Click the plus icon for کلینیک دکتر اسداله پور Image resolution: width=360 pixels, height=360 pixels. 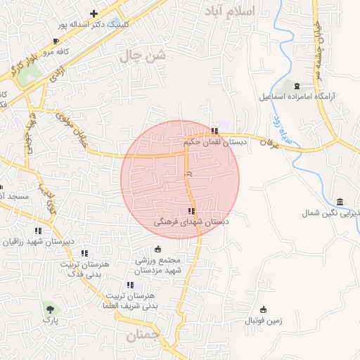94,13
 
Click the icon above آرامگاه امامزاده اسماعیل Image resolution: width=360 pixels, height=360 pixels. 296,85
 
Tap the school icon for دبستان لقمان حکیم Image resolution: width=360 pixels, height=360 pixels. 214,131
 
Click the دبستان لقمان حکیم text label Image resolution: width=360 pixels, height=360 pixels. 214,142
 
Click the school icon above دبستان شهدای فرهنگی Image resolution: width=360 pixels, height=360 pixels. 191,210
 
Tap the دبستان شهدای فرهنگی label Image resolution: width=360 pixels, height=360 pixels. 191,221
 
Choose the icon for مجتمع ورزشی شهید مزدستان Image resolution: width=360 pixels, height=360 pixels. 157,249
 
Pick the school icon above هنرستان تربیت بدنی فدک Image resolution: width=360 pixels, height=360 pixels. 84,253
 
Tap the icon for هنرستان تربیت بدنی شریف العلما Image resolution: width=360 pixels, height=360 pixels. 130,285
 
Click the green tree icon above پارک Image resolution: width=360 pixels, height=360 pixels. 49,308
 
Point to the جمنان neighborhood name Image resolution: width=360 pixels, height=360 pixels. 142,337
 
